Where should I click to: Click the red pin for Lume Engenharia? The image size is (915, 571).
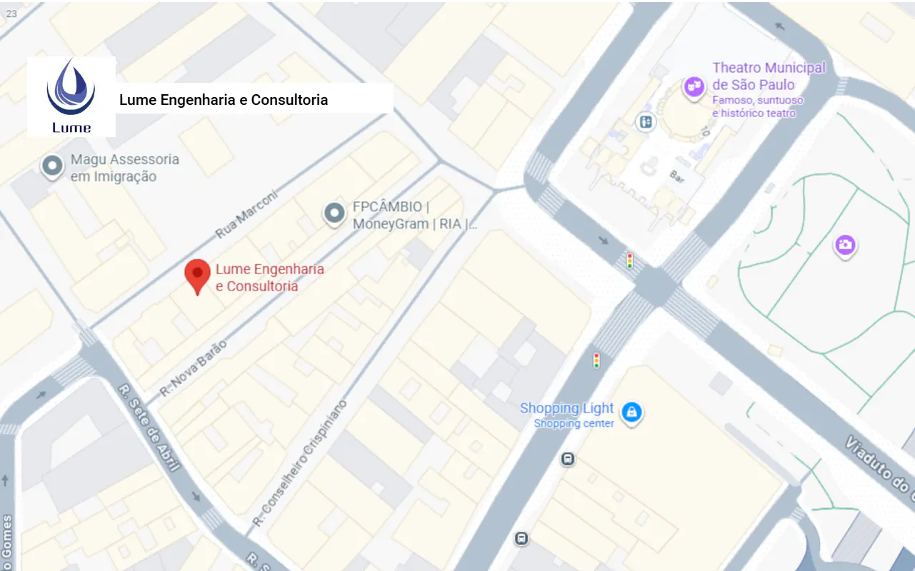coord(197,276)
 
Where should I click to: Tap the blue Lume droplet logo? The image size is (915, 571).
coord(70,89)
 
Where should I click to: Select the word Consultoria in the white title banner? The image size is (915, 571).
coord(289,100)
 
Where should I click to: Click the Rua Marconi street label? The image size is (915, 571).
coord(245,215)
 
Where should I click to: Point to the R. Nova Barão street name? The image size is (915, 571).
coord(193,368)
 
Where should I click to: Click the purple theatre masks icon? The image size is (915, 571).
coord(693,87)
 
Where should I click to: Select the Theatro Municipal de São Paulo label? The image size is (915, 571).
coord(768,76)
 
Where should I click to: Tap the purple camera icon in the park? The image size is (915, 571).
coord(845,246)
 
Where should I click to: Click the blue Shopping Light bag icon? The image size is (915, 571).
coord(631,412)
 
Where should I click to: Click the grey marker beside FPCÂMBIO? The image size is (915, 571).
coord(334,213)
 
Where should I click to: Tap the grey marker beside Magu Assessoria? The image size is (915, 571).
coord(52,166)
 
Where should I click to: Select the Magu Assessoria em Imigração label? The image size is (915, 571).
coord(124,168)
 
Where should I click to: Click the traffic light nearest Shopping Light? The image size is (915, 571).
coord(596,360)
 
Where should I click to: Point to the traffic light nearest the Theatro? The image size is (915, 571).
coord(629,261)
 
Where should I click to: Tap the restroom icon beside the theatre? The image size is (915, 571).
coord(645,122)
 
